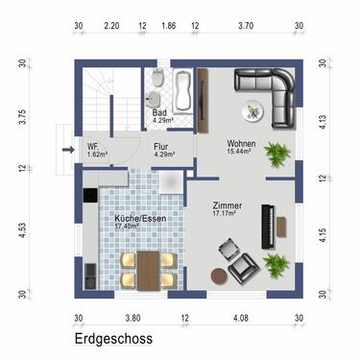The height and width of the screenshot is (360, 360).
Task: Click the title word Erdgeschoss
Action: [x=113, y=339]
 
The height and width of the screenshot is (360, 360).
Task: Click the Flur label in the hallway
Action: [x=162, y=148]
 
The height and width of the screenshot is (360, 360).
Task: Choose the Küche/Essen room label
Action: [x=133, y=222]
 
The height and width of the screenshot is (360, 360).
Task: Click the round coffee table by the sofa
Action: [x=253, y=111]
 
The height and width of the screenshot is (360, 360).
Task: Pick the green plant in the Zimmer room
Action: [x=276, y=263]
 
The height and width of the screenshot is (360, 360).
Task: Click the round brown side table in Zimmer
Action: [x=220, y=276]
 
